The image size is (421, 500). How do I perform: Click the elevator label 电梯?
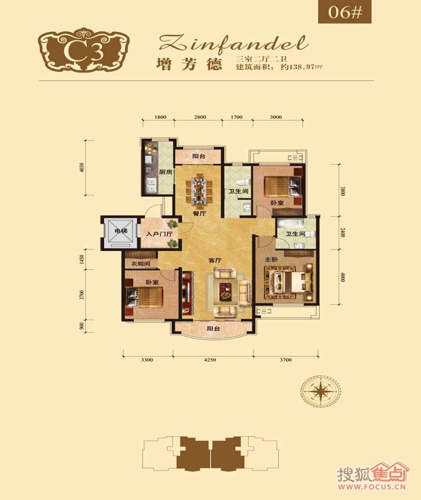(x=115, y=232)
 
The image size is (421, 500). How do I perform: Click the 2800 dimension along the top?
(x=199, y=117)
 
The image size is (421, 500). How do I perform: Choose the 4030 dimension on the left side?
(x=82, y=166)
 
